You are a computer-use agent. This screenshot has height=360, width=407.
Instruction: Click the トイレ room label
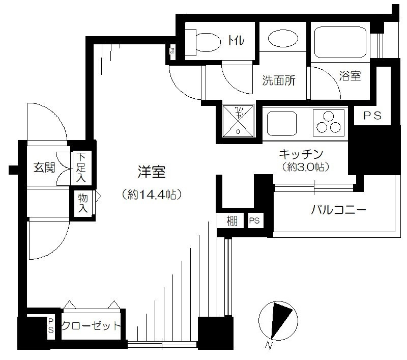(236, 40)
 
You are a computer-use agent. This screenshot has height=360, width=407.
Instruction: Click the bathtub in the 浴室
(340, 42)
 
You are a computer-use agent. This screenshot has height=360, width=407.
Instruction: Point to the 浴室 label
(350, 75)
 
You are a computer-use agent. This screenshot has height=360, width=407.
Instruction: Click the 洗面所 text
(278, 80)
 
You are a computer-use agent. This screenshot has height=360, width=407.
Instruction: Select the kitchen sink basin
(282, 124)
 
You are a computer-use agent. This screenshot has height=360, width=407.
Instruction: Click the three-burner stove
(328, 123)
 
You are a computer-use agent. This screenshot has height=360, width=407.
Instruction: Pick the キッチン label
(301, 154)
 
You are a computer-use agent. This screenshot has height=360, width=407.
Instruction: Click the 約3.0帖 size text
(306, 167)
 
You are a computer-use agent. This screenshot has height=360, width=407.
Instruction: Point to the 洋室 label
(152, 172)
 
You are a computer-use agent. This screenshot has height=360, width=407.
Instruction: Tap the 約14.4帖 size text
(152, 194)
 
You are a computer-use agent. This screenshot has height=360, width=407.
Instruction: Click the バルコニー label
(339, 209)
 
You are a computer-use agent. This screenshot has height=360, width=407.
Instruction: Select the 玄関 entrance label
(44, 168)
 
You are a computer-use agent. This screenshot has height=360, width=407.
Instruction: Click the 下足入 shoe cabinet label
(81, 168)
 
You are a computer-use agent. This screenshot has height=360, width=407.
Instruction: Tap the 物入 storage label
(83, 203)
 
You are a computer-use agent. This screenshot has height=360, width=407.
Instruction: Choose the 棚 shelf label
(232, 221)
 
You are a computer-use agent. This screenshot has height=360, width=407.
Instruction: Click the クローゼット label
(91, 325)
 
